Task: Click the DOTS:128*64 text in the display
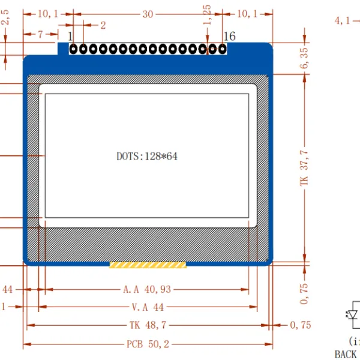coord(147,157)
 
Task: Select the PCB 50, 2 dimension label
coord(148,344)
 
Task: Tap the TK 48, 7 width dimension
coord(148,325)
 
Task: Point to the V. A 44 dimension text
coord(148,307)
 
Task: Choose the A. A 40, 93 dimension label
coord(147,289)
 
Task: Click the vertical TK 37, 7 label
coord(304,168)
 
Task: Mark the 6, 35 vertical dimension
coord(304,58)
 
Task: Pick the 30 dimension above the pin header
coord(148,14)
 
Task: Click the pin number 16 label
coord(229,36)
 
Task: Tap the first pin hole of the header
coord(73,49)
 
